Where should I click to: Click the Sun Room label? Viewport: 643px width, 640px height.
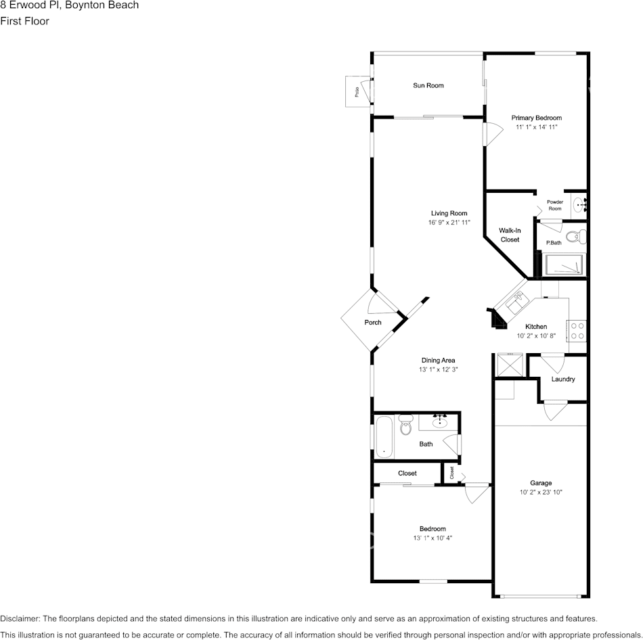click(428, 85)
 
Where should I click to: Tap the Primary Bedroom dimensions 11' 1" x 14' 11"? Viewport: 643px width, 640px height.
click(536, 127)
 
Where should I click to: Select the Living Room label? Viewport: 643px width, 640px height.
click(449, 213)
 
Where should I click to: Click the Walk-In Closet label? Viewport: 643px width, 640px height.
click(510, 235)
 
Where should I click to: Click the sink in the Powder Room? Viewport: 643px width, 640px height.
click(576, 203)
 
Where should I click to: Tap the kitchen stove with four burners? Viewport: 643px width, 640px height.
click(577, 330)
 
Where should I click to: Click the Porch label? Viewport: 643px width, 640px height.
click(373, 322)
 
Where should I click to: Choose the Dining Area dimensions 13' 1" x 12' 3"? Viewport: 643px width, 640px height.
click(439, 370)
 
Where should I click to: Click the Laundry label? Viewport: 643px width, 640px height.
click(563, 379)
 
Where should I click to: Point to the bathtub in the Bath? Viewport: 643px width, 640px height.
click(384, 437)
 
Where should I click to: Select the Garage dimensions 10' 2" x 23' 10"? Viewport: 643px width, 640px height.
click(541, 493)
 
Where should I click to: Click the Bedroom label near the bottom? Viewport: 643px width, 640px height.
click(433, 528)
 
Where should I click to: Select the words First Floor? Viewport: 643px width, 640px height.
click(25, 21)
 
